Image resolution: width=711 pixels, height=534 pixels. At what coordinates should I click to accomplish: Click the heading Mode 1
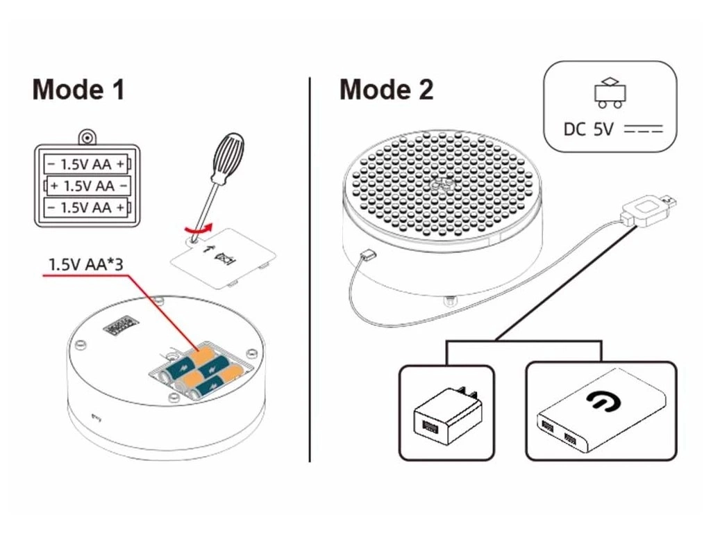[x=78, y=90]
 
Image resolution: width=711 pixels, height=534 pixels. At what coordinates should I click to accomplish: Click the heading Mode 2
[x=386, y=90]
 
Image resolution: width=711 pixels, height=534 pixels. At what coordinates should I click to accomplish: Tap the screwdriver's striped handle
[x=228, y=157]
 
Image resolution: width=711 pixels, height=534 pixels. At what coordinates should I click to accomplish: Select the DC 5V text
[x=589, y=129]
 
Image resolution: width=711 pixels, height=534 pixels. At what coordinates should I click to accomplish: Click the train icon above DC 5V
[x=610, y=92]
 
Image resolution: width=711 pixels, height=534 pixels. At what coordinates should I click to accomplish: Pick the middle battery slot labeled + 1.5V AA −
[x=87, y=186]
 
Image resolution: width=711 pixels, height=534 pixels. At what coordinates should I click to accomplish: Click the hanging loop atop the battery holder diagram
[x=87, y=136]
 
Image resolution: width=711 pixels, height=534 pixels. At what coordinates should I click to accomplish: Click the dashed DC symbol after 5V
[x=644, y=129]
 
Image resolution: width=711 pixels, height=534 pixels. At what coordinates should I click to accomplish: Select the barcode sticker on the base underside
[x=117, y=325]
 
